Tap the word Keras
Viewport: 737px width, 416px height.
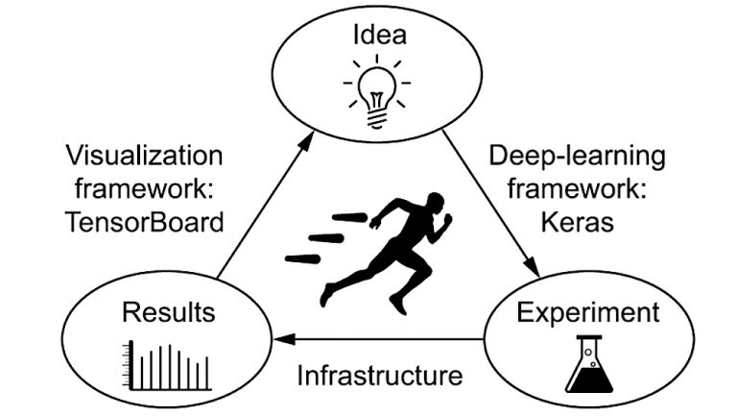pos(575,221)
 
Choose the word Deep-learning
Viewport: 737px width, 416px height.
pos(576,156)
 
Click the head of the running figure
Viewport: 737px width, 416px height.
pos(434,204)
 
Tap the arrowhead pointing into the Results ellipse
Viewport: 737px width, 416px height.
pos(282,338)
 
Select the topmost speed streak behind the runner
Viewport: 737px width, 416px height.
pos(350,218)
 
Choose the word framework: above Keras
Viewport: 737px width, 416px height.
pos(576,188)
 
